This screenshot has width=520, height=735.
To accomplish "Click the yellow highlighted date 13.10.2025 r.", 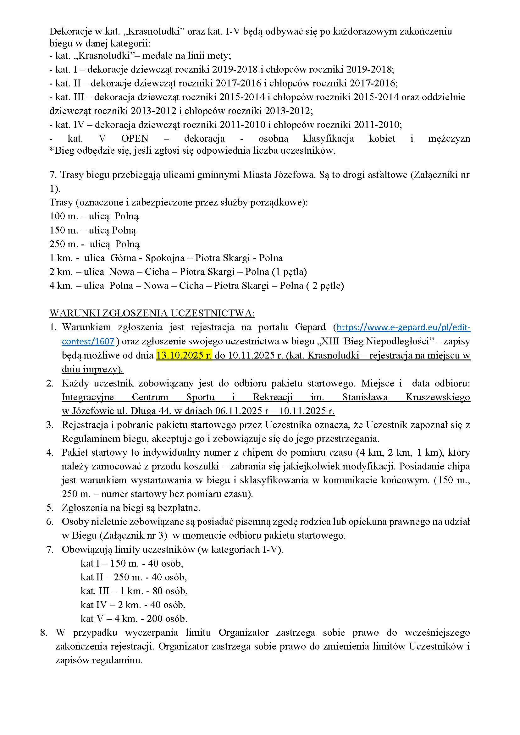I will click(184, 355).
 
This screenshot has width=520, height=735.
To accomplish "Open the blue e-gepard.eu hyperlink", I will click(403, 327).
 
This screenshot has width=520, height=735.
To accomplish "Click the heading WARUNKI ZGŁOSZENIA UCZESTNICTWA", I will click(152, 313).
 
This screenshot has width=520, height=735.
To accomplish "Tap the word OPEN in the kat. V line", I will click(135, 139).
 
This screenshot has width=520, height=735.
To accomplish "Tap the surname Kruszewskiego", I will click(438, 397).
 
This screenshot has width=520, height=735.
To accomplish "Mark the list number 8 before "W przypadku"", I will click(44, 633).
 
